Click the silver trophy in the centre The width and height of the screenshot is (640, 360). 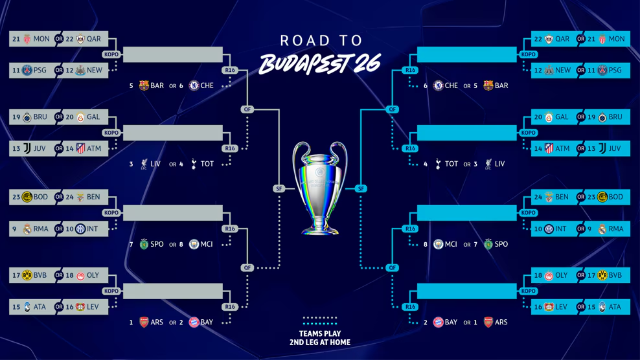320,188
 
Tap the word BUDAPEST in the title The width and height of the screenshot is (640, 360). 304,64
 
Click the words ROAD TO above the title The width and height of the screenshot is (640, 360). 321,40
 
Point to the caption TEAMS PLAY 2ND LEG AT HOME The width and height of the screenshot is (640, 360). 320,338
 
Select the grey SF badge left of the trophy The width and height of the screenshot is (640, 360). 279,188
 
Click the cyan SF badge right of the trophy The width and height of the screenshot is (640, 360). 361,188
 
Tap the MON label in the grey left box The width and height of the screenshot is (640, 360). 41,39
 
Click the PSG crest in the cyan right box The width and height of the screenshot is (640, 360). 602,70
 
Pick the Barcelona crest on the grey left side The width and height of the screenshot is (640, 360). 144,85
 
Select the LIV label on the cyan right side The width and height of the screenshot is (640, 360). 499,164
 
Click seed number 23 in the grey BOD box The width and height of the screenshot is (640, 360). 16,197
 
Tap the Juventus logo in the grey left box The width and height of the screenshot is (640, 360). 27,148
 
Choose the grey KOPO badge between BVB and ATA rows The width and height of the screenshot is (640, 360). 111,291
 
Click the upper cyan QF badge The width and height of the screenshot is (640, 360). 393,109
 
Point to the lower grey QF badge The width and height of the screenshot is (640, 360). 247,268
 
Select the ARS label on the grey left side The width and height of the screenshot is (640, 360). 157,322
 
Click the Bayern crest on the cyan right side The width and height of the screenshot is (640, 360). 438,322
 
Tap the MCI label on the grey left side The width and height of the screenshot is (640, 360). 207,244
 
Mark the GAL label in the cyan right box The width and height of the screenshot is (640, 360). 562,117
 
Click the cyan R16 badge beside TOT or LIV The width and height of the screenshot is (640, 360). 410,148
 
